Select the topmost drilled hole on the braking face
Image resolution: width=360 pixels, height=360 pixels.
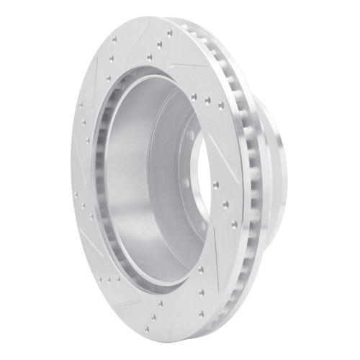point(170,32)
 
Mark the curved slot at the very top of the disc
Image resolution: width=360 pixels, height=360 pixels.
point(144,36)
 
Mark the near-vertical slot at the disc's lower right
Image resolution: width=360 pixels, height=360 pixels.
point(216,288)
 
